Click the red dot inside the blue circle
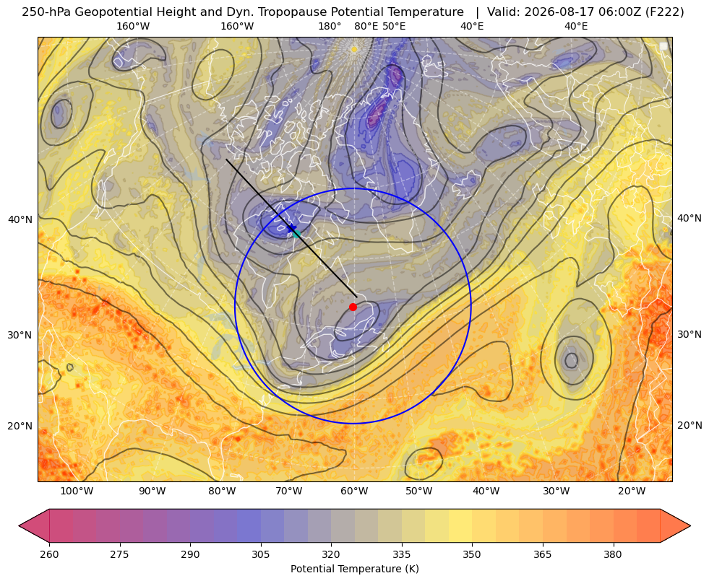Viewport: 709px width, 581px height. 353,307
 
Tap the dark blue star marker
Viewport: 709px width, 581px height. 292,228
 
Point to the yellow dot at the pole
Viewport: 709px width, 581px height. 354,49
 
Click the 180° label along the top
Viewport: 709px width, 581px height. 330,26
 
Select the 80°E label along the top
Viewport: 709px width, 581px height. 366,26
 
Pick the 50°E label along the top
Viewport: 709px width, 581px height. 394,26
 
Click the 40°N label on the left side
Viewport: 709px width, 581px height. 20,219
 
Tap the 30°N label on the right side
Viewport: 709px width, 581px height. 689,334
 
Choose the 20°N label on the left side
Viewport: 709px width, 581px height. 20,426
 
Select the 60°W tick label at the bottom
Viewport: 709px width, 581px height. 354,492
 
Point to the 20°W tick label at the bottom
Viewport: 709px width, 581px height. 632,492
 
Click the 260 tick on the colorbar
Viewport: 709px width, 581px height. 49,554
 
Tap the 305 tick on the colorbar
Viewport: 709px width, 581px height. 260,554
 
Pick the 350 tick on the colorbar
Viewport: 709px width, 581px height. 472,554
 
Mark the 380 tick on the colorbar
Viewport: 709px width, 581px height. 613,554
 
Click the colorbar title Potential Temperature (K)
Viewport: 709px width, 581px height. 354,569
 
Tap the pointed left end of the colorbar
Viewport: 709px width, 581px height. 19,525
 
